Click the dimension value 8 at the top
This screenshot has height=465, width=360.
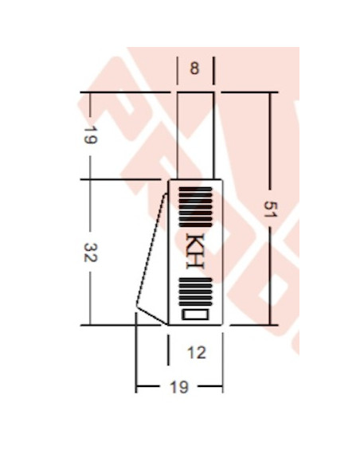195,68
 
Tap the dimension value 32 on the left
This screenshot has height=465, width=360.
90,252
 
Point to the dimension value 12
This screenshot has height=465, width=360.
196,352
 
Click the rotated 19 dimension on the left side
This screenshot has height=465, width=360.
90,135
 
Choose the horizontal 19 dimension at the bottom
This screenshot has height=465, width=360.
179,387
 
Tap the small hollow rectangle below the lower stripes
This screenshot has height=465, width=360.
196,315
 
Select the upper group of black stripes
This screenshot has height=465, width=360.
195,206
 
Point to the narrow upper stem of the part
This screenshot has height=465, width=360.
195,135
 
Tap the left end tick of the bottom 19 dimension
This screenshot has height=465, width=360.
136,387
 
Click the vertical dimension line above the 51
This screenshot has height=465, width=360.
270,143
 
